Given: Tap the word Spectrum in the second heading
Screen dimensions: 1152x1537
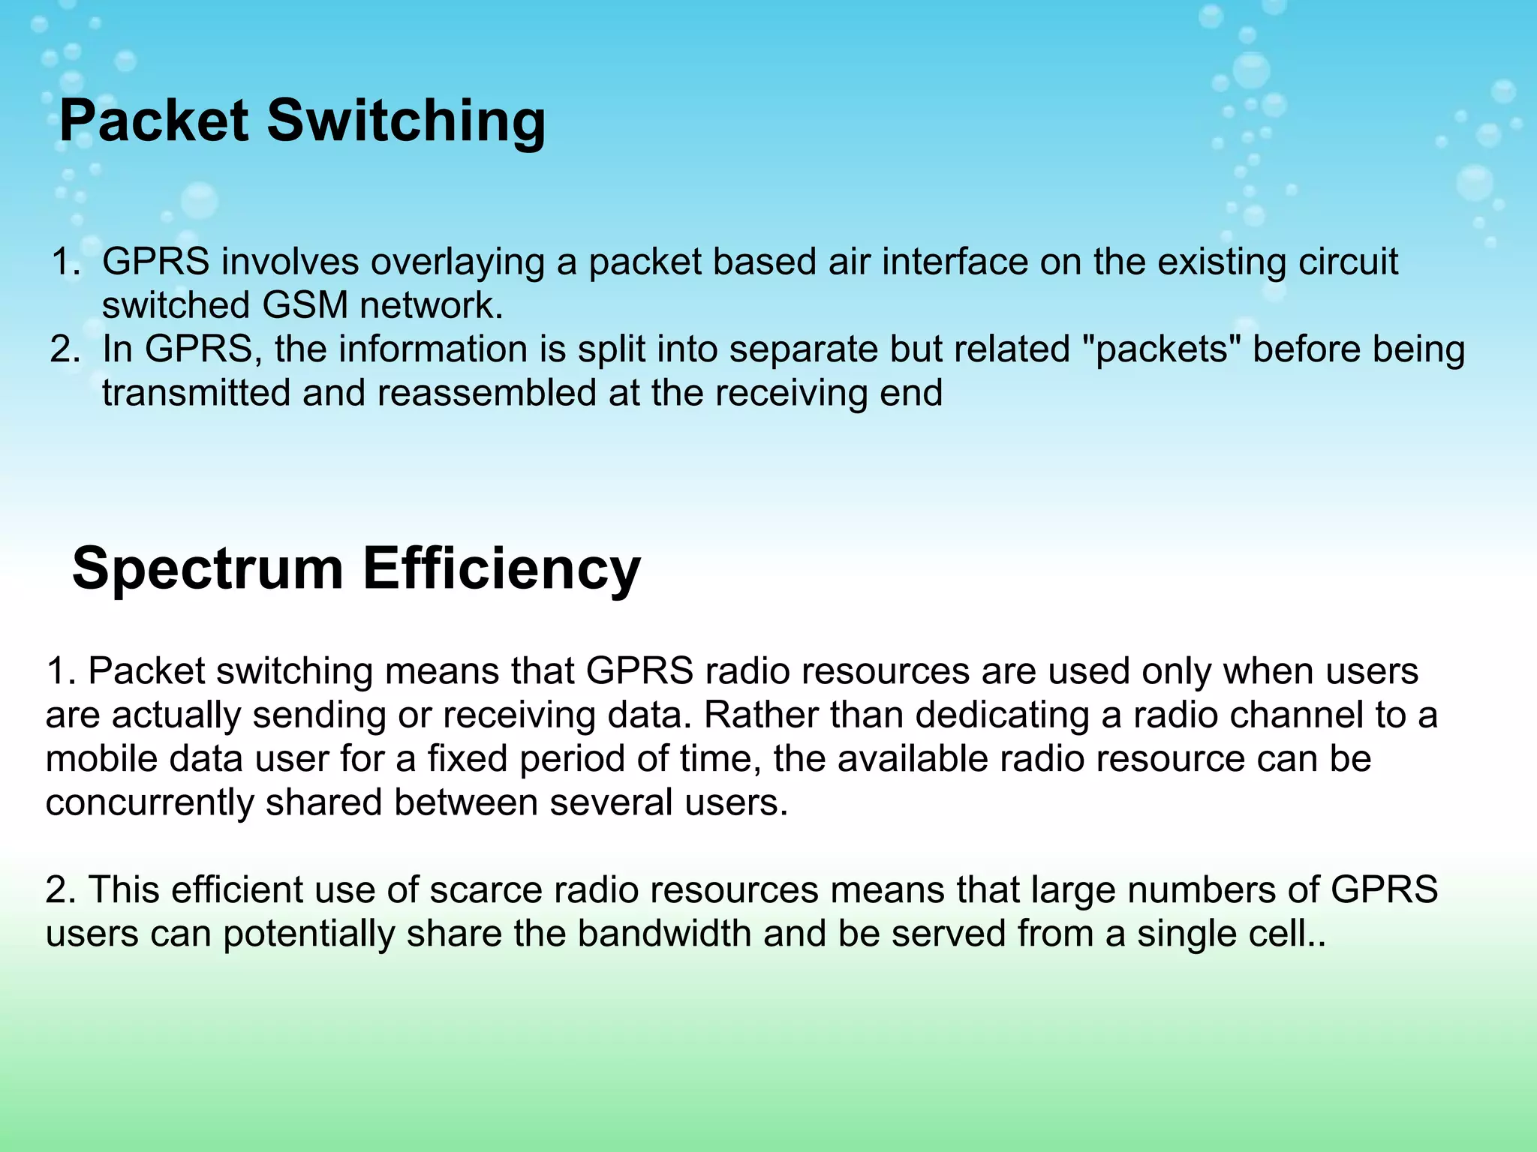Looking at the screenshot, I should pyautogui.click(x=207, y=568).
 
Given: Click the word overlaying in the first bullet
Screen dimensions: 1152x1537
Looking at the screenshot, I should pyautogui.click(x=457, y=262).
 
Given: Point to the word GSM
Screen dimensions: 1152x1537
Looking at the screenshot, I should pyautogui.click(x=305, y=306).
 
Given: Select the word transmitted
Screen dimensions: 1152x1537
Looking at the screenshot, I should pyautogui.click(x=196, y=393).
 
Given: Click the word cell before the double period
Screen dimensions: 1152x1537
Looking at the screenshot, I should pyautogui.click(x=1284, y=934).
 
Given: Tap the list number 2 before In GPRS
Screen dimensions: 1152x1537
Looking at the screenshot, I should pyautogui.click(x=63, y=349).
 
